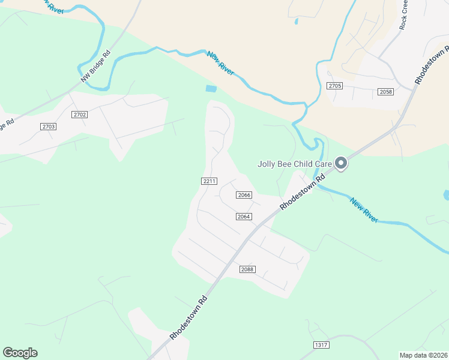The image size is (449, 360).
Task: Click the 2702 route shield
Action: [79, 114]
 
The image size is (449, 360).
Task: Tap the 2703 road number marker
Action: [49, 126]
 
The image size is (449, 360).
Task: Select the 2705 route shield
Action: [335, 86]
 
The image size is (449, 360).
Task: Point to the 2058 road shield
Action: [386, 92]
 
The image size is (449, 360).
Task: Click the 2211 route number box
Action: [209, 181]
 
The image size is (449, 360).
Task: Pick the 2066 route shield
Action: [243, 195]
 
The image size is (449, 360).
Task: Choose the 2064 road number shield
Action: [243, 216]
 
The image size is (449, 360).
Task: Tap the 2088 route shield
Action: [247, 269]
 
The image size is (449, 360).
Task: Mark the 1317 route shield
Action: [322, 344]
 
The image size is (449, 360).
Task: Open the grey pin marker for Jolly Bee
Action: [341, 163]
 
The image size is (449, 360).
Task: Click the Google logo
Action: [20, 353]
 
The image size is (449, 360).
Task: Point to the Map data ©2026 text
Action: [423, 355]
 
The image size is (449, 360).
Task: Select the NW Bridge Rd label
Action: [96, 65]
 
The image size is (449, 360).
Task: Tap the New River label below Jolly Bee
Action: [364, 211]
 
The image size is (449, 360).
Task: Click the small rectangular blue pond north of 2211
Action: [211, 89]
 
